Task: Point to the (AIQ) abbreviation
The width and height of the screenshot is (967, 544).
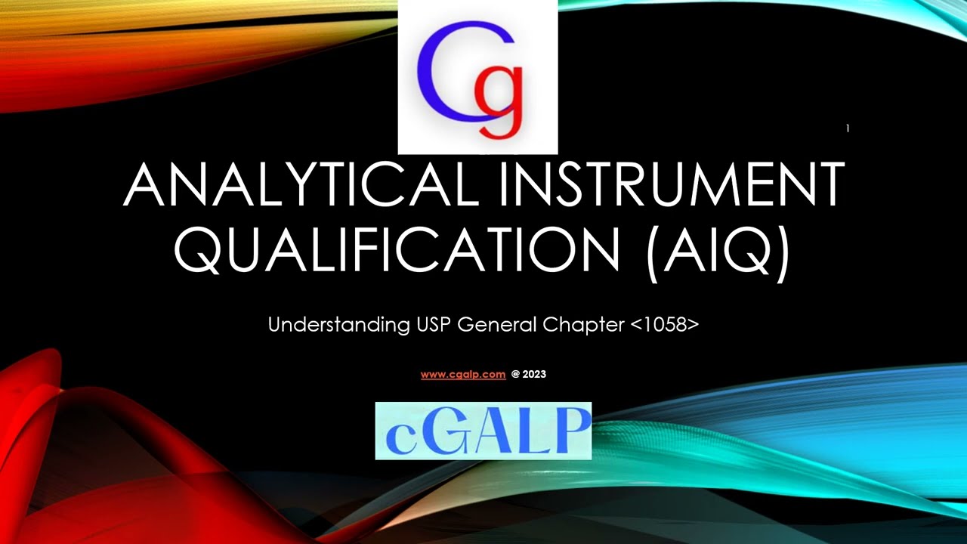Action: [718, 249]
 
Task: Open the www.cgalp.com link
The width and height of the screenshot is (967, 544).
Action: [463, 374]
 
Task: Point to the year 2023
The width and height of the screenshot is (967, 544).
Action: [534, 374]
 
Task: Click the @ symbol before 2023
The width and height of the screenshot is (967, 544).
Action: [515, 374]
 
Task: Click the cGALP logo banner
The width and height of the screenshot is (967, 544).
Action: [483, 431]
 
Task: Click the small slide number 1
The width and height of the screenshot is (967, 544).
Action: [848, 128]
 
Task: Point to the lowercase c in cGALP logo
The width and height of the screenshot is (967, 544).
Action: [400, 437]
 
